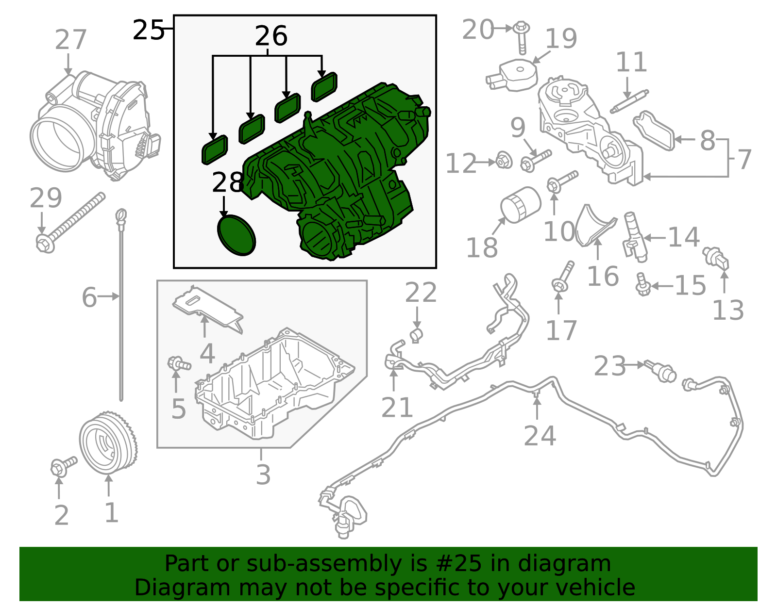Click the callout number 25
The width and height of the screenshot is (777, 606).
pos(148,30)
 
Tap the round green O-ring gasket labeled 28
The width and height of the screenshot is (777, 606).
pos(236,235)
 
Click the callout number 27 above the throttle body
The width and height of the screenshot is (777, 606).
pos(71,40)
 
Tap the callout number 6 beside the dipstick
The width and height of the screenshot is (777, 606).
pos(89,297)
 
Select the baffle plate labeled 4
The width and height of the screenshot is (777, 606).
pos(208,311)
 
